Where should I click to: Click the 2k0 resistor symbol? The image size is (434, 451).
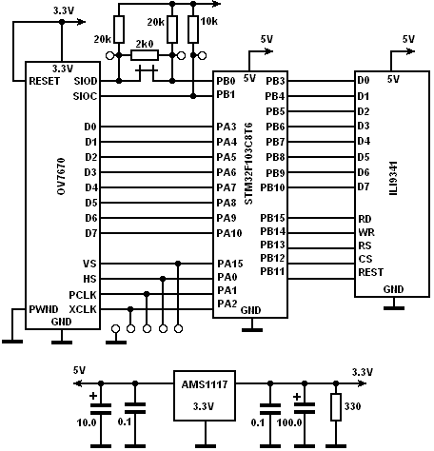tap(145, 56)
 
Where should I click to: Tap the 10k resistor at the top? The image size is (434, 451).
tap(193, 29)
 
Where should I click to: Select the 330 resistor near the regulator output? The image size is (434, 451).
tap(336, 407)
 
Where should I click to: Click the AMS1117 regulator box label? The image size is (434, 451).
tap(205, 384)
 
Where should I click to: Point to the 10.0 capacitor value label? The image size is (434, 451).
tap(87, 422)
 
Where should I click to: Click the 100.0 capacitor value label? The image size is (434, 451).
tap(289, 422)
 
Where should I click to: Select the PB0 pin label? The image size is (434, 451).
tap(226, 81)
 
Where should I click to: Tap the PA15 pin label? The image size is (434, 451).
tap(230, 264)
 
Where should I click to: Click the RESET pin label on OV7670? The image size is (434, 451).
tap(44, 81)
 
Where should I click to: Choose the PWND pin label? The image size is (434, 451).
tap(44, 309)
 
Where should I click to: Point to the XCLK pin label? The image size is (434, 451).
tap(83, 309)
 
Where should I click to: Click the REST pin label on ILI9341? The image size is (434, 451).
tap(371, 272)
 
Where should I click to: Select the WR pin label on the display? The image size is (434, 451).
tap(366, 232)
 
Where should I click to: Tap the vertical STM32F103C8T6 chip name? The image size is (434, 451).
tap(248, 164)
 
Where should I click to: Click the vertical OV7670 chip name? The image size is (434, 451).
tap(62, 176)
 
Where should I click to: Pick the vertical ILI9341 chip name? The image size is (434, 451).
tap(393, 178)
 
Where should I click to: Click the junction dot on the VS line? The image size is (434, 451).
tap(178, 264)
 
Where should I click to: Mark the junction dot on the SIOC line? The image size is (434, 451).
tap(193, 96)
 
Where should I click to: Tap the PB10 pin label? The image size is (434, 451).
tap(273, 187)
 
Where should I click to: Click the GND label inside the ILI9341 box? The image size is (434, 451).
tap(393, 289)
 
